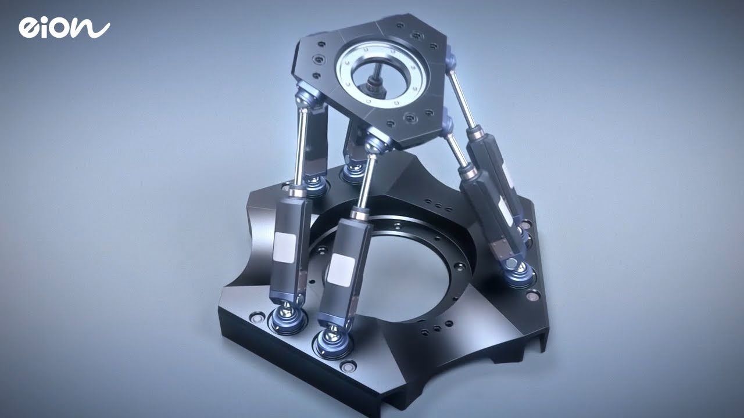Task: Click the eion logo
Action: pos(63,28)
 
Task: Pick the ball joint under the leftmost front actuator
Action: pos(288,316)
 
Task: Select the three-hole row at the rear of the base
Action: pos(438,204)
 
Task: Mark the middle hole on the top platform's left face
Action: pos(318,59)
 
